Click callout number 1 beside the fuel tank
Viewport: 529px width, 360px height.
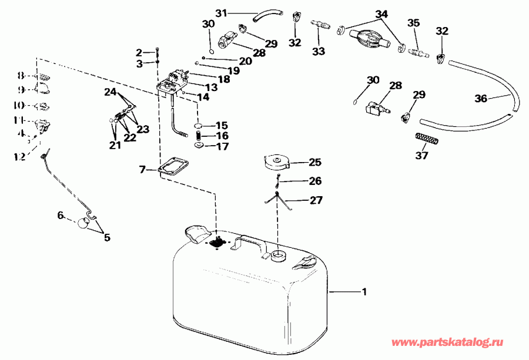coord(364,291)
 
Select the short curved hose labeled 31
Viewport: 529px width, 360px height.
coord(267,16)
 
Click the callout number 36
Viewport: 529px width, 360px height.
coord(481,99)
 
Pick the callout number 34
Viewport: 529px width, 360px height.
coord(381,13)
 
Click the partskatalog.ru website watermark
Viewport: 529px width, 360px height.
coord(457,342)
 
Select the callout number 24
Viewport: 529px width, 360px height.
coord(111,92)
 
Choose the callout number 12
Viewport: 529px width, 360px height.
coord(19,156)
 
